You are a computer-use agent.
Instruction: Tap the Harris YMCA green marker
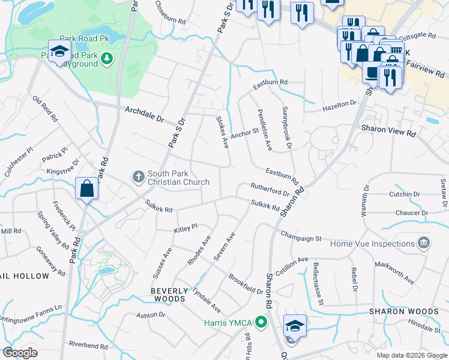point(261,322)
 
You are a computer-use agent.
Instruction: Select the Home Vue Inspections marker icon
point(424,243)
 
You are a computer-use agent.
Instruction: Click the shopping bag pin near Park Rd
point(87,188)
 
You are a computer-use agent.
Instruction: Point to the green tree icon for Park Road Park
point(107,58)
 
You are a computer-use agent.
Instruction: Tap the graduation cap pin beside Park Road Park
point(59,51)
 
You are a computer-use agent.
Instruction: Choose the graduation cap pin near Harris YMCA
point(294,326)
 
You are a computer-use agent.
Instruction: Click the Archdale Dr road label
point(144,114)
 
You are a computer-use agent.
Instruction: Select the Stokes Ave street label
point(223,133)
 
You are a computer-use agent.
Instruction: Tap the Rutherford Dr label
point(270,189)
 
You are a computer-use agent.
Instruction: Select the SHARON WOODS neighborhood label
point(403,311)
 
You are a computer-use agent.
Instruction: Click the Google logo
point(20,352)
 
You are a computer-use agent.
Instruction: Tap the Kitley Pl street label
point(185,228)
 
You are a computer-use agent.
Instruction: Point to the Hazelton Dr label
point(340,106)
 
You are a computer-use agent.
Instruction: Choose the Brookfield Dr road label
point(246,283)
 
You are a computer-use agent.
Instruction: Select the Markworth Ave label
point(394,272)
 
